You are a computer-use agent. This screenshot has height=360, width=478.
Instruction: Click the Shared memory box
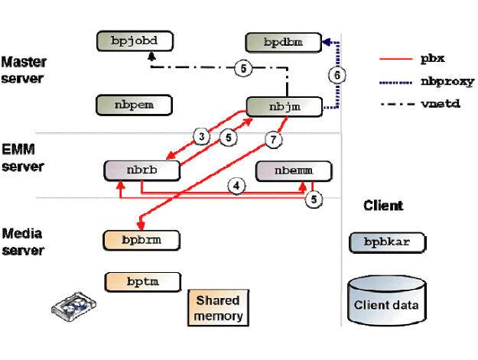(218, 308)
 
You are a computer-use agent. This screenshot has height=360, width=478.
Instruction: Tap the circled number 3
(201, 137)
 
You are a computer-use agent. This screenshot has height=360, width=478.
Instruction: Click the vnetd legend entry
(423, 104)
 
